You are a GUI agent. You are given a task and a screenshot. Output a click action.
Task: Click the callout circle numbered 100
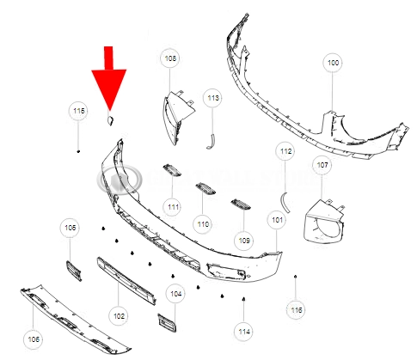click(x=333, y=63)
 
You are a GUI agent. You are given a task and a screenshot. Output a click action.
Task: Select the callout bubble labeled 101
click(x=277, y=220)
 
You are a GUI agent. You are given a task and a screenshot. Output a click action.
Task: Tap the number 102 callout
click(x=119, y=316)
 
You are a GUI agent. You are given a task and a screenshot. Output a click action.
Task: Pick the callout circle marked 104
click(x=175, y=294)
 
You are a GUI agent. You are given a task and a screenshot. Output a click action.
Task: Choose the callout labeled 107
click(x=322, y=165)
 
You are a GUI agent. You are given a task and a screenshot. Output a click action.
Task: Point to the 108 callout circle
click(x=170, y=58)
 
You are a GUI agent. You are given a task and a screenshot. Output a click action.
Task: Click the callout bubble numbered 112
click(x=285, y=151)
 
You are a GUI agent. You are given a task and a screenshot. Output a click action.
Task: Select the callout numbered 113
click(x=213, y=98)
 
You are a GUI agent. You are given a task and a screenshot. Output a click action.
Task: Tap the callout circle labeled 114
click(x=244, y=332)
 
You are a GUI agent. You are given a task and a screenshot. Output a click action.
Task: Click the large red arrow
click(x=109, y=79)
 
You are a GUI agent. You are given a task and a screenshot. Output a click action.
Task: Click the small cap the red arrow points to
click(x=110, y=120)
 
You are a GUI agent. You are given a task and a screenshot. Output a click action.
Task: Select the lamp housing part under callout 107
click(x=323, y=221)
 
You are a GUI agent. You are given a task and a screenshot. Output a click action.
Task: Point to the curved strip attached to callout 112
click(x=285, y=202)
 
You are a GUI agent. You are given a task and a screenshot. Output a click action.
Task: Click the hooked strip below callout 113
click(x=212, y=141)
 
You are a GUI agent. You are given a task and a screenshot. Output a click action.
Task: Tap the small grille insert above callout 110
click(x=205, y=189)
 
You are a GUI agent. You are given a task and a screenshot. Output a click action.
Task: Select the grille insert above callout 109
click(x=241, y=204)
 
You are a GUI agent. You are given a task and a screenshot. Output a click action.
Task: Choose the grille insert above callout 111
click(x=172, y=169)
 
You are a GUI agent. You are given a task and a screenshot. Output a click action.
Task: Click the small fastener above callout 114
click(x=243, y=299)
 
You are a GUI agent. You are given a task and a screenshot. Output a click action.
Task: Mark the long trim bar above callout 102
click(x=126, y=281)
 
